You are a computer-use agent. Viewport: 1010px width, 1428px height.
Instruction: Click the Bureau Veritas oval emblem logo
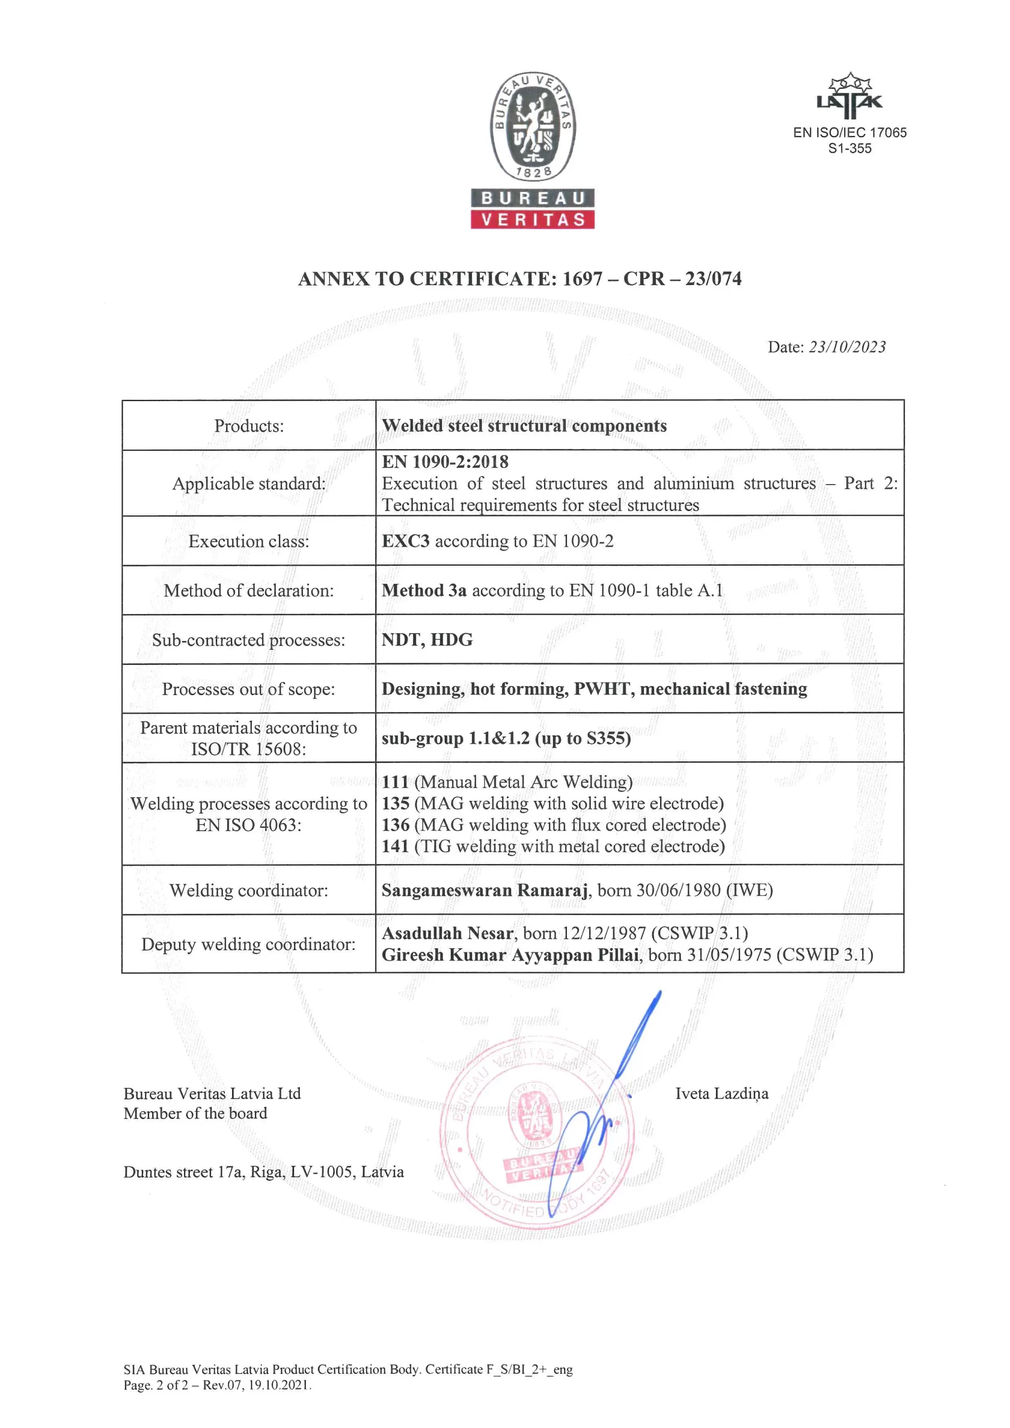click(532, 127)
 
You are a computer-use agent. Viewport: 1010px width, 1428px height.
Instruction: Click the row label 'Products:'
click(248, 426)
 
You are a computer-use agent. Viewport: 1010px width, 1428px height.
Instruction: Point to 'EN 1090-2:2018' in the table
click(445, 461)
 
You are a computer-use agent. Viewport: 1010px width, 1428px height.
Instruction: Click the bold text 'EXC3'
click(405, 541)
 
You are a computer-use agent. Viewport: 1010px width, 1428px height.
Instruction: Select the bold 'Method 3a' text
click(424, 590)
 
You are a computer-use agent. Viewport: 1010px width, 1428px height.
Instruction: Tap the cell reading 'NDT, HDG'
click(427, 639)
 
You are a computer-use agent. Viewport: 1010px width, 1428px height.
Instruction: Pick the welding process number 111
click(395, 782)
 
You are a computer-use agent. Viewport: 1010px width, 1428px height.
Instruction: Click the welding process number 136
click(395, 824)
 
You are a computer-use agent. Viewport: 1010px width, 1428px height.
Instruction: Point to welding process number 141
click(395, 846)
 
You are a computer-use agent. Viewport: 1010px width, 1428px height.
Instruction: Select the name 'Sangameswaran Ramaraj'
click(485, 890)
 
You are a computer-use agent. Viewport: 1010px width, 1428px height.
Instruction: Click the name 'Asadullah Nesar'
click(448, 933)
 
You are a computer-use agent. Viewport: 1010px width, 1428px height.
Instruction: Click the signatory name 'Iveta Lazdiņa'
click(722, 1093)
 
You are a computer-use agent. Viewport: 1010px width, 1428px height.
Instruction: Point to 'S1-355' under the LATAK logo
click(849, 148)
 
